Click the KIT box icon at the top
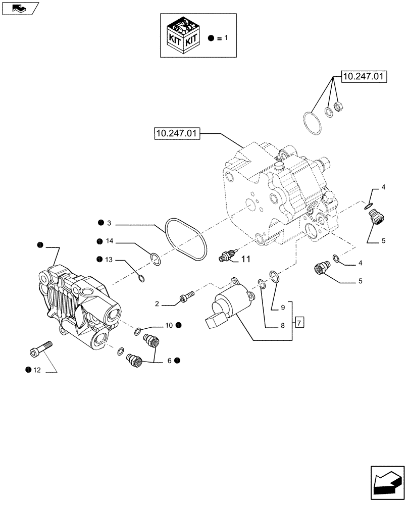(183, 35)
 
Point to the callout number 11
(245, 260)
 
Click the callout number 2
(157, 304)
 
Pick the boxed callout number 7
(299, 322)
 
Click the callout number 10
(169, 325)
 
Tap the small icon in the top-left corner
(20, 8)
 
